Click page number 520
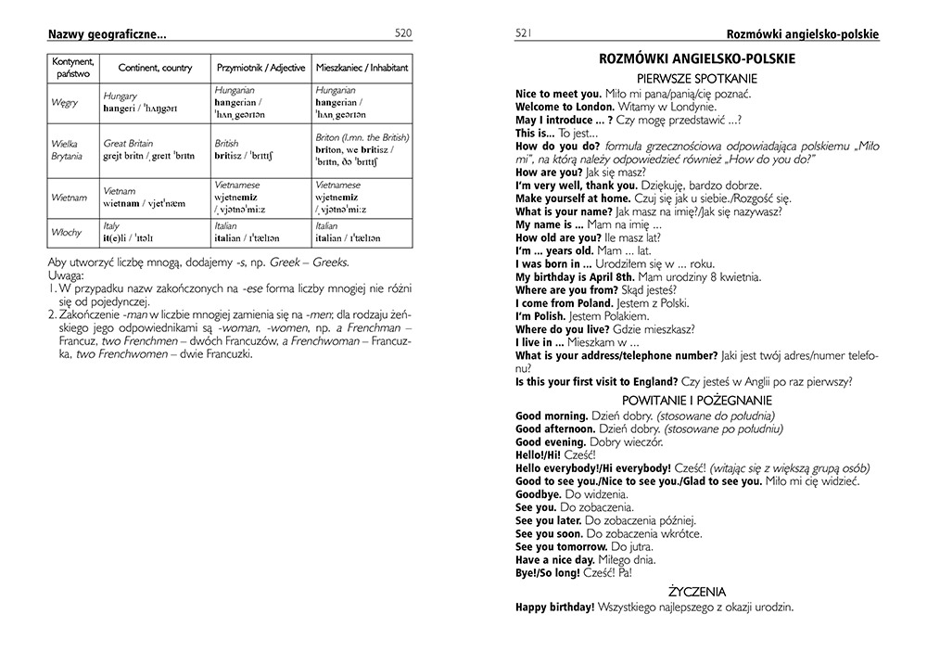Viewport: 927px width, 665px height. click(x=402, y=33)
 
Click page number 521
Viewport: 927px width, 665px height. click(x=525, y=33)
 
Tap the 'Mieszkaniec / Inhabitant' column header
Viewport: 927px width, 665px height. click(x=362, y=69)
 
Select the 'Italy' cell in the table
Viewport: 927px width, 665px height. click(x=112, y=226)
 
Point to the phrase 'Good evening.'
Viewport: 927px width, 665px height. click(x=551, y=443)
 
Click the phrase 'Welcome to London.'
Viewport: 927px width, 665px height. click(x=562, y=107)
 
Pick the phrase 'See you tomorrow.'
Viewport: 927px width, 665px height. click(x=561, y=547)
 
